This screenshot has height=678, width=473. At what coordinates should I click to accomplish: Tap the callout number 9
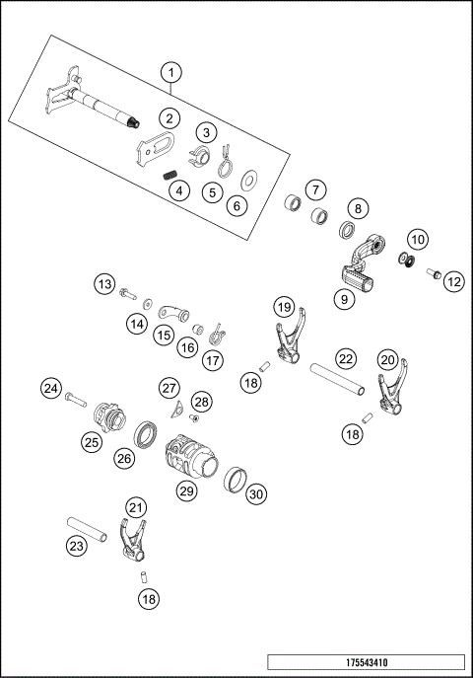pyautogui.click(x=345, y=297)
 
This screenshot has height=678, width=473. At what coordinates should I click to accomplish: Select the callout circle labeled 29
pyautogui.click(x=186, y=490)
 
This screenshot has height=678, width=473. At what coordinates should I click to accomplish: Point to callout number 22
pyautogui.click(x=345, y=358)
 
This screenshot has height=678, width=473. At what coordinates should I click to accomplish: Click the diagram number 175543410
pyautogui.click(x=366, y=662)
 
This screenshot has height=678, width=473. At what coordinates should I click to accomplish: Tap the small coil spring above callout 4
pyautogui.click(x=169, y=175)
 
